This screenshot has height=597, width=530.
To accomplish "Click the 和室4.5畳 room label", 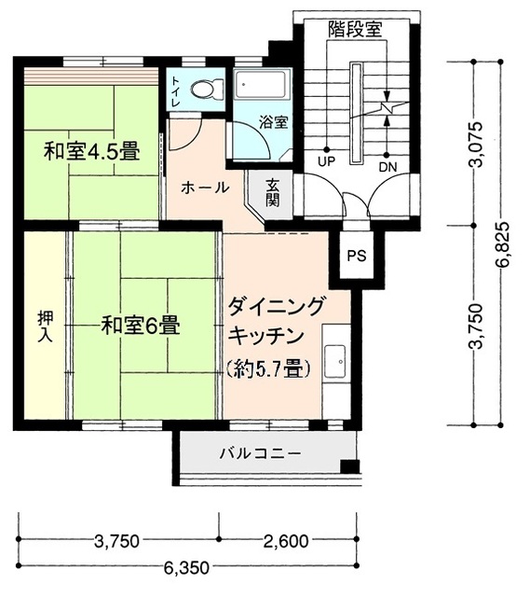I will [92, 151].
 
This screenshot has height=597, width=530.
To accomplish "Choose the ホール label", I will [204, 187].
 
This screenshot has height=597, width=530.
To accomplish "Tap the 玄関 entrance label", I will [273, 193].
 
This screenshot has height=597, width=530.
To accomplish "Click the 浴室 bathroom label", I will [272, 121].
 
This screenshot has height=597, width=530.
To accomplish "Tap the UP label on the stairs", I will [325, 161].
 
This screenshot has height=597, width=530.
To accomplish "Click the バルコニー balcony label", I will [260, 454].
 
